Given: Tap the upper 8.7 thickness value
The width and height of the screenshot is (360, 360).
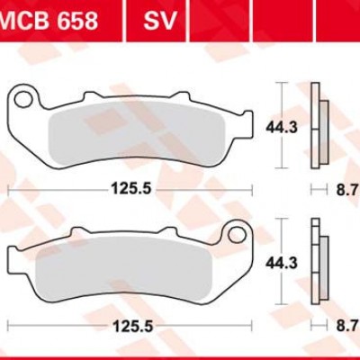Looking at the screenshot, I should (346, 191).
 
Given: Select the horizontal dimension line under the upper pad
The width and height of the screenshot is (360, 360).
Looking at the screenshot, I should (54, 191).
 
